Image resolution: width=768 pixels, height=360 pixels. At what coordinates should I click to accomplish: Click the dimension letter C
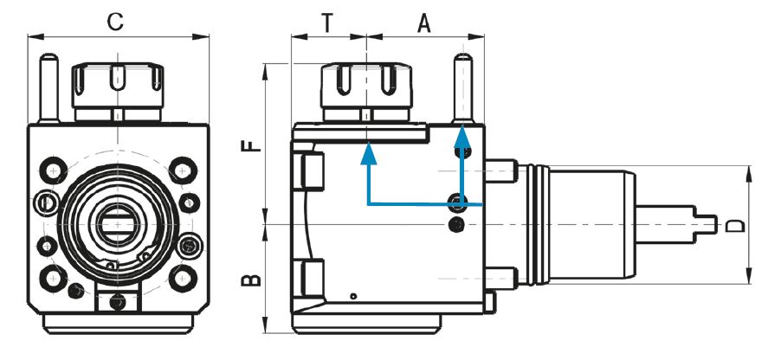(116, 22)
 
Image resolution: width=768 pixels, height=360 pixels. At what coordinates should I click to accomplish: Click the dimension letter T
(327, 22)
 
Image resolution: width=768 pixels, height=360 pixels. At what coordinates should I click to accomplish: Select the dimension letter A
(423, 23)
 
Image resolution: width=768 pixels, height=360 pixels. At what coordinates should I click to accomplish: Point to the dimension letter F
(252, 145)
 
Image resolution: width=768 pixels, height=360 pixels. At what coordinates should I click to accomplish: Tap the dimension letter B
(252, 280)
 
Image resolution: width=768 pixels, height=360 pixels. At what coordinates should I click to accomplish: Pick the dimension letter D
(735, 225)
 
